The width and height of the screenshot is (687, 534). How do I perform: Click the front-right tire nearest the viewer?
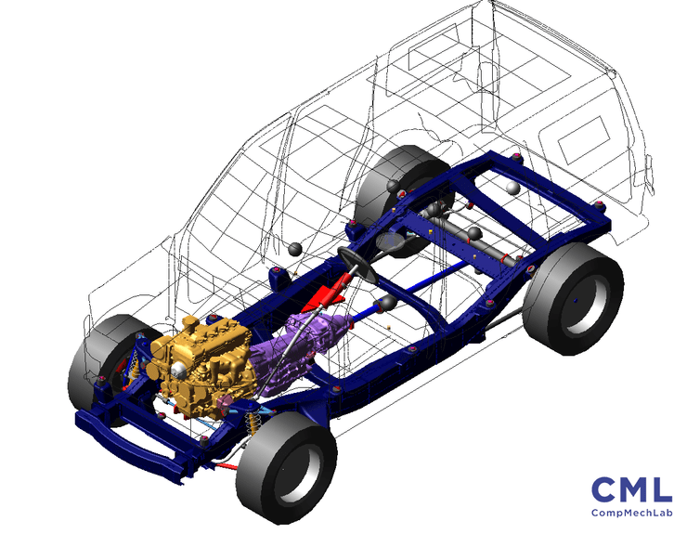(x=287, y=467)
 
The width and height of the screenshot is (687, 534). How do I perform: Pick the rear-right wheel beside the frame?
(x=573, y=298)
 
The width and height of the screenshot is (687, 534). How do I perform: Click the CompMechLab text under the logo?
(x=631, y=513)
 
